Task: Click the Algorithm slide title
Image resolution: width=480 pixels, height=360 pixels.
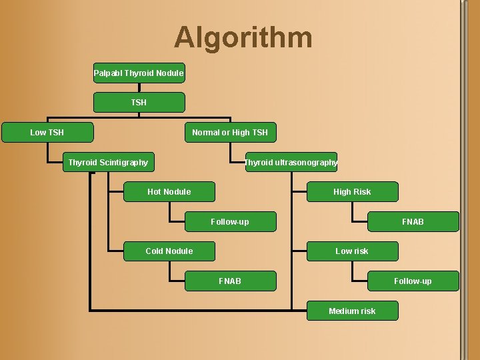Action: click(243, 37)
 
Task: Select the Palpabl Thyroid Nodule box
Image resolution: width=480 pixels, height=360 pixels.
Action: click(139, 73)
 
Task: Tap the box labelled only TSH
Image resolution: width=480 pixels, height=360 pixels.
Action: click(139, 102)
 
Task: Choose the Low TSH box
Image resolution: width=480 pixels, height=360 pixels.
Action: click(47, 132)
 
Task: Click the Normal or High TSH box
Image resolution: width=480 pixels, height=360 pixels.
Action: click(230, 132)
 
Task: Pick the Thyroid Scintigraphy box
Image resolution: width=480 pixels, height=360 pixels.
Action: click(108, 162)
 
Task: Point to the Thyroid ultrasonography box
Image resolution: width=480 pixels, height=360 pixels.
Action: click(291, 162)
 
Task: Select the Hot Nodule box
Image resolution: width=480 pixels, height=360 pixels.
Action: click(169, 191)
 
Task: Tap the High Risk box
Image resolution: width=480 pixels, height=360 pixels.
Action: click(352, 191)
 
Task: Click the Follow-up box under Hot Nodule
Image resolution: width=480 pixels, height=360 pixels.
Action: click(230, 221)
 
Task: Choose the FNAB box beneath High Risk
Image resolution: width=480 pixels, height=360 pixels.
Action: click(413, 221)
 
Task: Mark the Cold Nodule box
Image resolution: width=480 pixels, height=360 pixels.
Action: click(169, 251)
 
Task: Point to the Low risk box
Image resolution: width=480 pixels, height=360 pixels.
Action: click(352, 251)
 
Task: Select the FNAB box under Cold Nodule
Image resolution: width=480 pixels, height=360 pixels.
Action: click(230, 281)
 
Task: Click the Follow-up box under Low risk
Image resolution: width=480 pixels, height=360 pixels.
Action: click(413, 281)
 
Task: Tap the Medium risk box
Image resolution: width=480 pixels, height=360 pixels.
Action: click(352, 311)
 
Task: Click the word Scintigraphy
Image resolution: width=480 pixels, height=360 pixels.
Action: click(123, 162)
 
